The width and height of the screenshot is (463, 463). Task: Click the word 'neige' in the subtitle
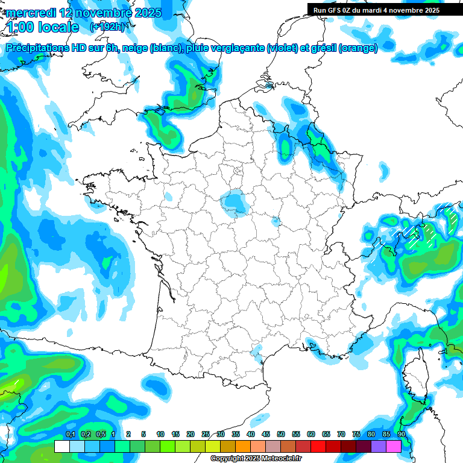[135, 48]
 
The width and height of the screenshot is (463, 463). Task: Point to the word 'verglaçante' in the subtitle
[236, 48]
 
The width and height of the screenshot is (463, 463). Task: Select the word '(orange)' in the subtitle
[358, 48]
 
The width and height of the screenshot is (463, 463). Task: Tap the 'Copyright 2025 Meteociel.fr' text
[256, 459]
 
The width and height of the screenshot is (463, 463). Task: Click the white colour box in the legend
[62, 447]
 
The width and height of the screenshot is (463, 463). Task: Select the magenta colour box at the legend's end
[394, 447]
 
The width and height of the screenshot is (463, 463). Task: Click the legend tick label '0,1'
[70, 435]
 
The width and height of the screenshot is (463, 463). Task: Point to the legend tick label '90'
[402, 435]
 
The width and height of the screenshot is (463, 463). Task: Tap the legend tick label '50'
[281, 435]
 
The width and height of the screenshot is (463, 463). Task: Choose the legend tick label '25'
[206, 435]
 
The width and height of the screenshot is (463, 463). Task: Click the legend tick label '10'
[160, 435]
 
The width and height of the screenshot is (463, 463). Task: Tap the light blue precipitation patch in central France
[233, 203]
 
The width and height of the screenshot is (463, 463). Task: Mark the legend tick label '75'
[356, 435]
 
